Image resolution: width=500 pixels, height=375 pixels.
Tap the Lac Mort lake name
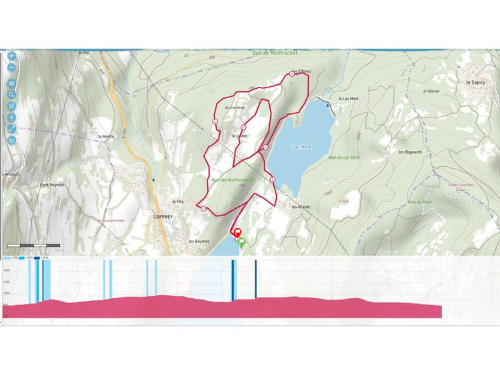301,147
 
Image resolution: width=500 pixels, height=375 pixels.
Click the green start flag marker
242,242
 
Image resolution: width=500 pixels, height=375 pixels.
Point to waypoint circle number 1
203,210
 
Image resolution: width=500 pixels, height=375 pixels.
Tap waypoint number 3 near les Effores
291,75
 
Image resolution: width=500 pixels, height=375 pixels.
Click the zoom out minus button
12,67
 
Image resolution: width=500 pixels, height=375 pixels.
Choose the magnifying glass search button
12,94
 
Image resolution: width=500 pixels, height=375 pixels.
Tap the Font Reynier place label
51,185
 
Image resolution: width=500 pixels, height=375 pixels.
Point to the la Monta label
105,137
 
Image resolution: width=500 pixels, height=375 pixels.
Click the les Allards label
301,207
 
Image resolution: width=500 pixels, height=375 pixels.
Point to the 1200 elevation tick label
6,270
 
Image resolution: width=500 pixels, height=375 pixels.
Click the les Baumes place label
199,241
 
